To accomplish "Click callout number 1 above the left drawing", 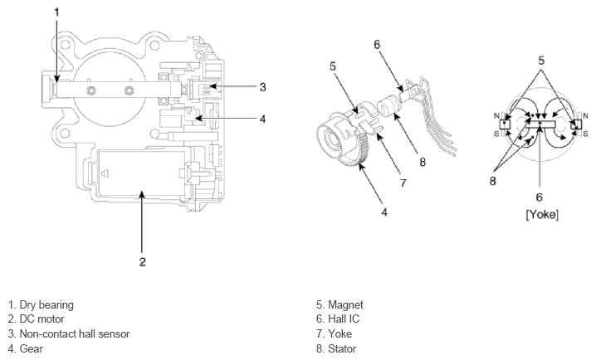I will (56, 12).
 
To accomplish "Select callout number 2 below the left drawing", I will (142, 261).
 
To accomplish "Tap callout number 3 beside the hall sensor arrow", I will (262, 86).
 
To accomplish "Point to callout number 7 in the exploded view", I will (403, 182).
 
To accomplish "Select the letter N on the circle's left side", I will (496, 114).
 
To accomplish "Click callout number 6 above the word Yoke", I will (540, 198).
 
